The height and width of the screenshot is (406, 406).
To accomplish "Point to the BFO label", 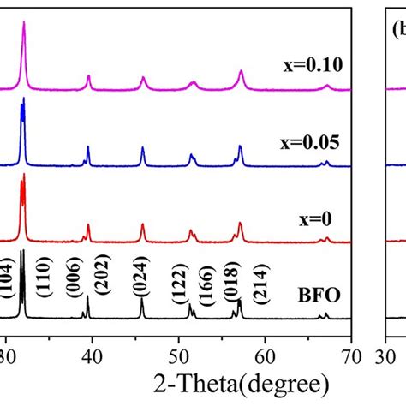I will pyautogui.click(x=319, y=296).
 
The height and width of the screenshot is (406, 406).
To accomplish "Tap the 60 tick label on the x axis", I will pyautogui.click(x=265, y=350).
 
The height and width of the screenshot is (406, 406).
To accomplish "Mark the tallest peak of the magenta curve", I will pyautogui.click(x=24, y=23).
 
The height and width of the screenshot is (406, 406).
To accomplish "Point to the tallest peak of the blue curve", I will pyautogui.click(x=23, y=99).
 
